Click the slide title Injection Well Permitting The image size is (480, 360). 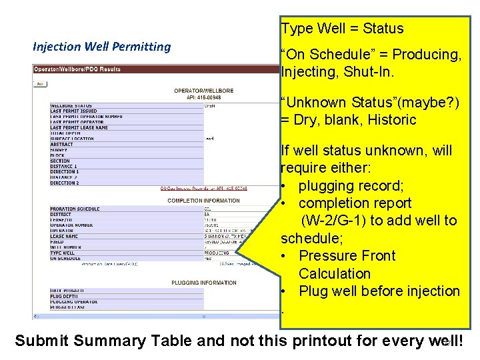[x=101, y=47]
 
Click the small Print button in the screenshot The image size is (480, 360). [x=41, y=84]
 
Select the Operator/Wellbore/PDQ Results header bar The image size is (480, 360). [x=77, y=69]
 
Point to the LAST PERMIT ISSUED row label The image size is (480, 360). [x=73, y=111]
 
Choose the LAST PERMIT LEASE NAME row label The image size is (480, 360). [x=79, y=127]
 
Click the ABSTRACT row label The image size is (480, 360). [x=61, y=145]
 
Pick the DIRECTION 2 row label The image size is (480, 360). [x=64, y=183]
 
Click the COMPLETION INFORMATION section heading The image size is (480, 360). [x=203, y=201]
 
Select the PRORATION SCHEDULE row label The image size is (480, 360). [x=75, y=209]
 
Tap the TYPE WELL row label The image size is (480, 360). [x=63, y=253]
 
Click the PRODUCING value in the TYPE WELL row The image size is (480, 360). [x=217, y=253]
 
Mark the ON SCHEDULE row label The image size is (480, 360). [x=65, y=259]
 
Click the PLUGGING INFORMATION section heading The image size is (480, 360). [x=204, y=283]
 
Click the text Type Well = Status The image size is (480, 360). [x=342, y=29]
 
